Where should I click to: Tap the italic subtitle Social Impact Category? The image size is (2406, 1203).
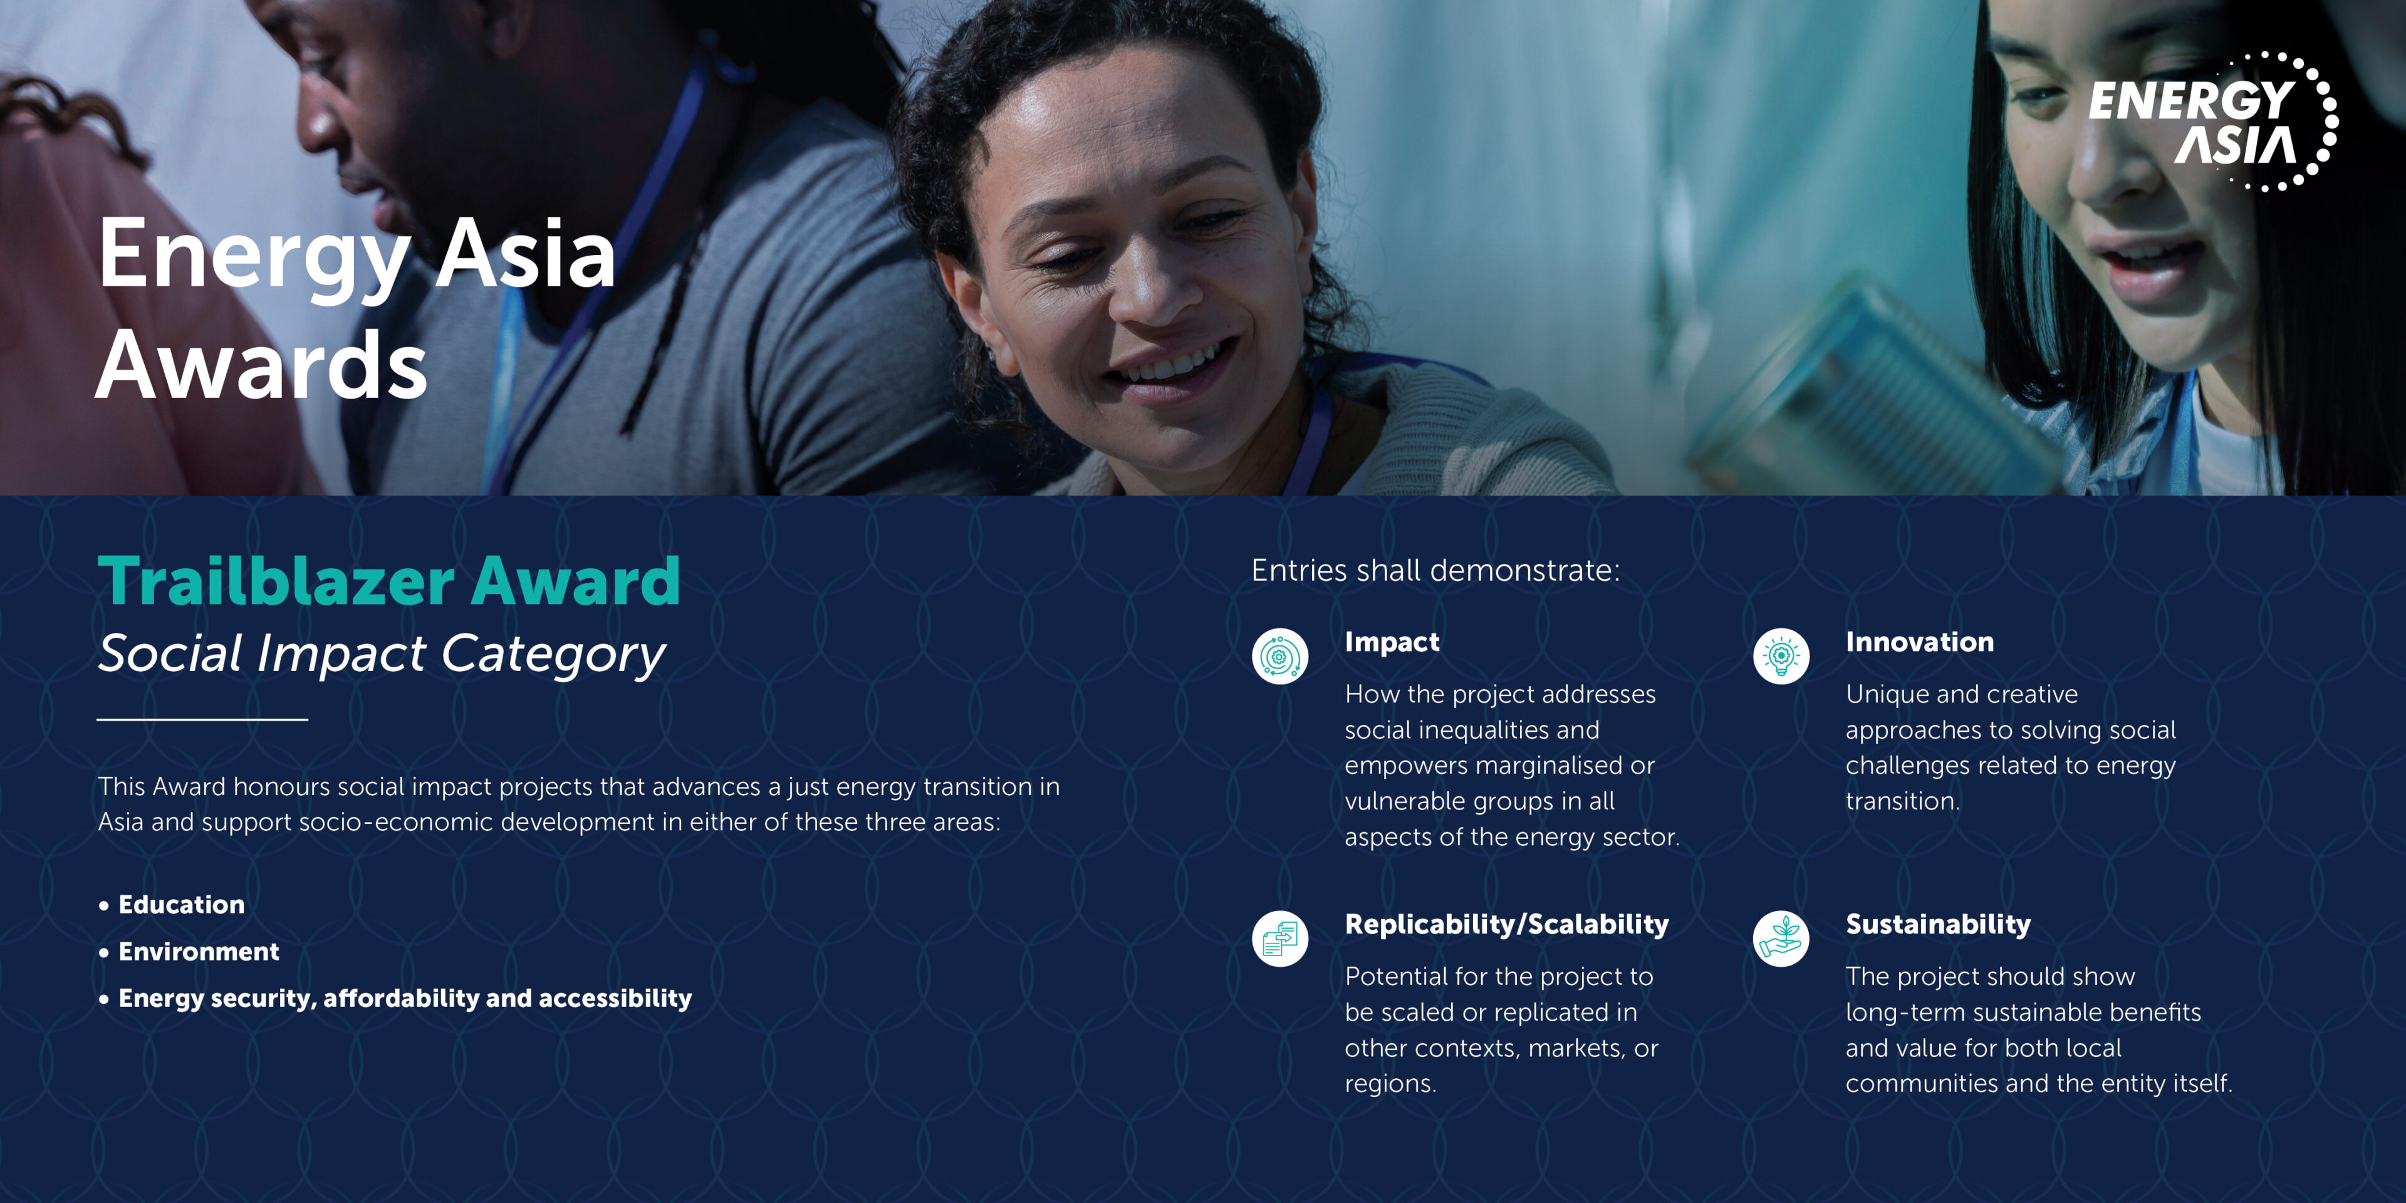[x=381, y=653]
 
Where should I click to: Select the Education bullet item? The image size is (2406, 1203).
[x=181, y=904]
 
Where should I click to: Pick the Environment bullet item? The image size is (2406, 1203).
[x=198, y=951]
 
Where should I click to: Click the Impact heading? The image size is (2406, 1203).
[x=1392, y=643]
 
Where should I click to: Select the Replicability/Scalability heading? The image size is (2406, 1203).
[x=1506, y=925]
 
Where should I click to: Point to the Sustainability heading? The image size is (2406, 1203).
[x=1938, y=925]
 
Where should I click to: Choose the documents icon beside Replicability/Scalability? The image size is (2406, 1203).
[x=1279, y=939]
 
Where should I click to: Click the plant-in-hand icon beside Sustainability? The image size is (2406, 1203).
[x=1781, y=939]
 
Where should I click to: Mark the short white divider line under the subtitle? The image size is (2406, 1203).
[x=202, y=719]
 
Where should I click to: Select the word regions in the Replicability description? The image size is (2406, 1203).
[x=1390, y=1085]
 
